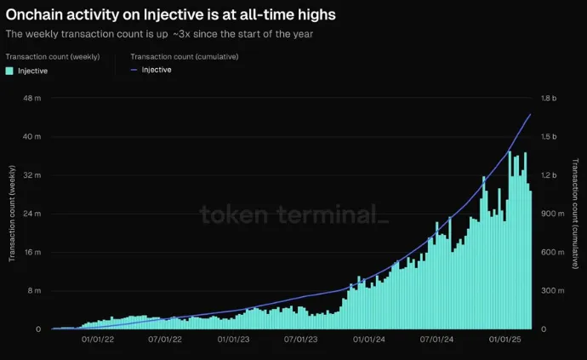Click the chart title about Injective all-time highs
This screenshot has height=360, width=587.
tap(170, 14)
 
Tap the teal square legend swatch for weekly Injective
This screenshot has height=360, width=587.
tap(9, 71)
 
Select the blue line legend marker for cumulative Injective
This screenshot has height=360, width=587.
tap(134, 70)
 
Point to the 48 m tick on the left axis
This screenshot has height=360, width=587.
tap(32, 98)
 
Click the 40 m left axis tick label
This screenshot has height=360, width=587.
tap(32, 136)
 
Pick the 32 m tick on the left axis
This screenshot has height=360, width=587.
tap(32, 175)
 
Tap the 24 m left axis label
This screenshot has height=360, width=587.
tap(32, 214)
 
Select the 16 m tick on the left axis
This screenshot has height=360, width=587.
tap(32, 252)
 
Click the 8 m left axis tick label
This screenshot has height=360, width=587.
tap(34, 290)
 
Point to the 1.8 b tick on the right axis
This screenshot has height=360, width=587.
tap(549, 98)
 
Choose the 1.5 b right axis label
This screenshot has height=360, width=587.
tap(549, 136)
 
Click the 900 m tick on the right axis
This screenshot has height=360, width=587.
tap(550, 214)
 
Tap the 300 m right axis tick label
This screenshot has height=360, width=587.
tap(550, 290)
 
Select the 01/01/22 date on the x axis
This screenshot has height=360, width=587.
tap(98, 340)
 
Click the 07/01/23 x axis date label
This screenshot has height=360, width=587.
tap(300, 340)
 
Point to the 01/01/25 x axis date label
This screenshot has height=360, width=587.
tap(504, 340)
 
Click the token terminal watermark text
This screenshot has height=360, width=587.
tap(294, 214)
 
